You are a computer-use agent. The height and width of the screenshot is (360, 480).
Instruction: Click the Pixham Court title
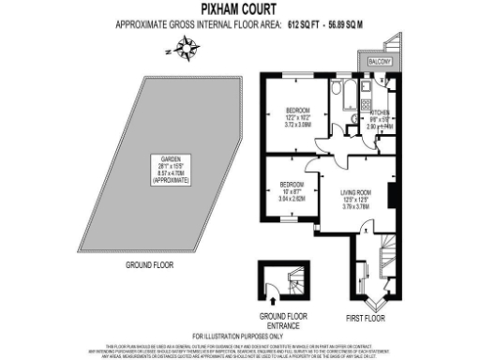[239, 9]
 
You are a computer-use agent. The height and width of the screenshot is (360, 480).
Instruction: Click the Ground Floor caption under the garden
[151, 265]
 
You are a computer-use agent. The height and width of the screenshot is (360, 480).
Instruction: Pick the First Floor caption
[367, 318]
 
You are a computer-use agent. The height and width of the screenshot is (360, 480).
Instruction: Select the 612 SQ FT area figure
[295, 24]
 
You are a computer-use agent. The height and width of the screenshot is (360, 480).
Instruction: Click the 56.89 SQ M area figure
[346, 24]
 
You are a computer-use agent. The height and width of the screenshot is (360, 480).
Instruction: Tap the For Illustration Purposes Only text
[239, 336]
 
